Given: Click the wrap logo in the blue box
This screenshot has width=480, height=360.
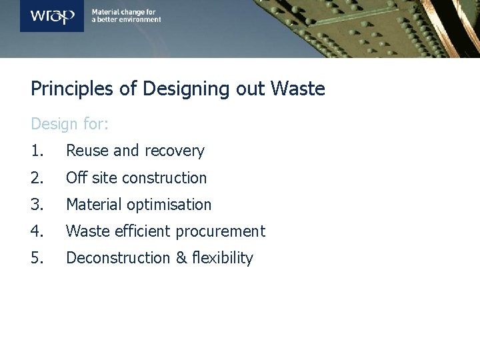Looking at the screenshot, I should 52,15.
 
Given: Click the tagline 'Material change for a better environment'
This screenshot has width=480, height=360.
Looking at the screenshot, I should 126,16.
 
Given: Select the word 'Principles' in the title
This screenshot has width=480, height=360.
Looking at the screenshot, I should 69,89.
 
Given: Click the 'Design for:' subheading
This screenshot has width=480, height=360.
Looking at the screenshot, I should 70,125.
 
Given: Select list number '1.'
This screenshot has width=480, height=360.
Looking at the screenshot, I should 37,151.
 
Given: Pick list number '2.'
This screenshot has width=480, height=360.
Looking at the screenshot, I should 38,178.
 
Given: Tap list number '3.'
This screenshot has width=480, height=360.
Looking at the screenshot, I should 38,205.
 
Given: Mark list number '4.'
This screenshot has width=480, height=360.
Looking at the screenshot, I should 38,231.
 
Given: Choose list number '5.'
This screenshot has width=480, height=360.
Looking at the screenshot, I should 38,258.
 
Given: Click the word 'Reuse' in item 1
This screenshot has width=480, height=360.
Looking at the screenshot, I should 87,151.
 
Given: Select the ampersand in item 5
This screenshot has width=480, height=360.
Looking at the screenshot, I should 181,258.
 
